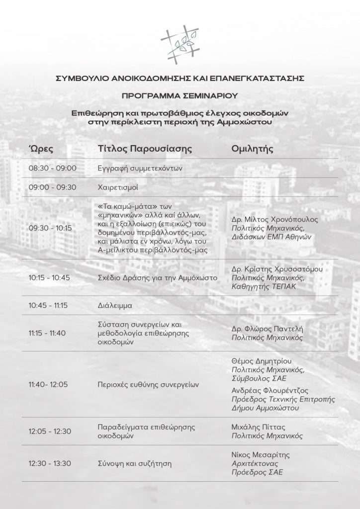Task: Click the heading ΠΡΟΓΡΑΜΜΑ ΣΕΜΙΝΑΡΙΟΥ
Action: pyautogui.click(x=180, y=94)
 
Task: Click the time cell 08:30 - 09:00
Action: pyautogui.click(x=53, y=169)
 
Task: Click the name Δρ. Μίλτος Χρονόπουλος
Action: pyautogui.click(x=275, y=219)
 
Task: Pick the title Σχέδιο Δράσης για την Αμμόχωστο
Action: pyautogui.click(x=158, y=278)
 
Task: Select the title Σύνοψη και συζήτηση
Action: pyautogui.click(x=134, y=464)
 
